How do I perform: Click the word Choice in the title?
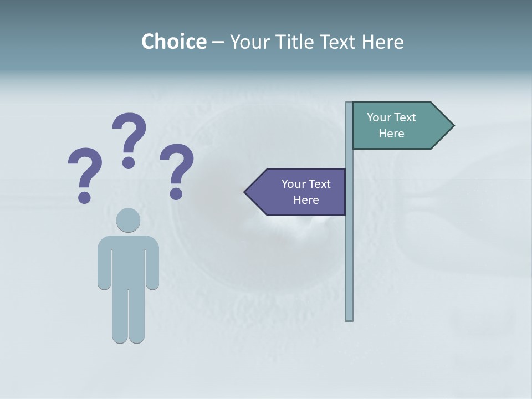173,42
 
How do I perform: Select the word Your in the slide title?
249,42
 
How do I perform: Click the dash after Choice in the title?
218,43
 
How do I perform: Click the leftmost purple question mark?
85,173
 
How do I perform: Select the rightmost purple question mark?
177,169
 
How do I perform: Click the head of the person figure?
128,220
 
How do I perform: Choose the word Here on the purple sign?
306,200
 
